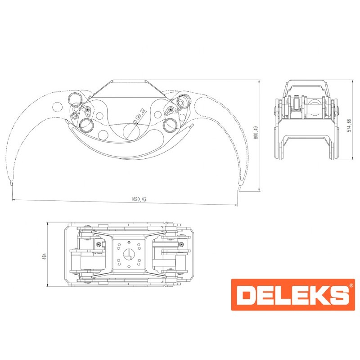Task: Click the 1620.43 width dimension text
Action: (x=139, y=199)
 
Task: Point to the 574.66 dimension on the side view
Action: (x=349, y=125)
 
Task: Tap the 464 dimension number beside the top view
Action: (x=44, y=256)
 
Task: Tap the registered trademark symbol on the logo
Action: (x=351, y=285)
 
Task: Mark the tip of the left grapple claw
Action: (x=11, y=183)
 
